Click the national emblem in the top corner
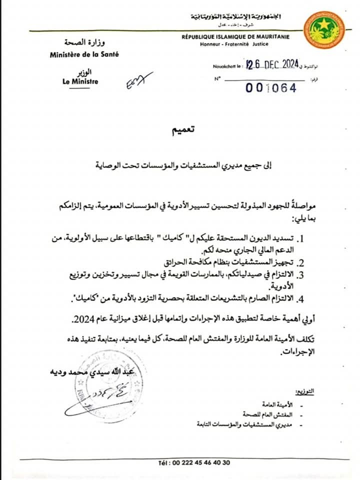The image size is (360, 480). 325,29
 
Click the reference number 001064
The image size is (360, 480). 271,87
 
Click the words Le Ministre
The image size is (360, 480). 80,82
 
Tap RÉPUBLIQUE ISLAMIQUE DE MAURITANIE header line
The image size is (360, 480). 235,37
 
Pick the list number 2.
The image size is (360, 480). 301,262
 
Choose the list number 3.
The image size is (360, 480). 301,275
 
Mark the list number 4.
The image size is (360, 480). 301,299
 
